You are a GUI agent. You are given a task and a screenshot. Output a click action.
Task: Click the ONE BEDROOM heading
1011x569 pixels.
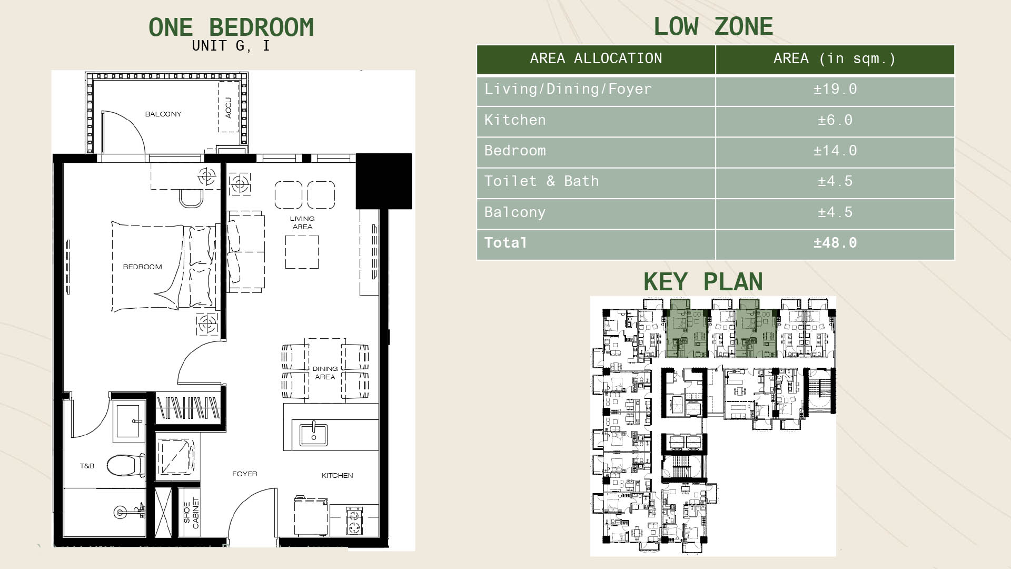(x=231, y=27)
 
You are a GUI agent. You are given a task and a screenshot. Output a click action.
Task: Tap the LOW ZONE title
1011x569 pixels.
(x=713, y=26)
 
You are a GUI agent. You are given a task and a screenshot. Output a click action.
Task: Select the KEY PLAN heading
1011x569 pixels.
(x=703, y=282)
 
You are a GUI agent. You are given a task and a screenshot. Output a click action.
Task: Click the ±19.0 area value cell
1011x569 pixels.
(x=835, y=89)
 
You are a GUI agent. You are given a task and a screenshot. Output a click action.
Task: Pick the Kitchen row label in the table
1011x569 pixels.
(x=515, y=120)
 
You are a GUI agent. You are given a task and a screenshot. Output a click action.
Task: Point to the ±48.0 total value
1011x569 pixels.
(x=835, y=243)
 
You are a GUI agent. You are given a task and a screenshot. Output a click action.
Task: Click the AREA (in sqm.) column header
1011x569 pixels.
(x=835, y=58)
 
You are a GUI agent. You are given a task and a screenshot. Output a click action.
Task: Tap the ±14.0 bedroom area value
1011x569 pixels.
(x=835, y=151)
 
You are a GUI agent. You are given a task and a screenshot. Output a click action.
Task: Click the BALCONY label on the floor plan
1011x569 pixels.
(x=163, y=114)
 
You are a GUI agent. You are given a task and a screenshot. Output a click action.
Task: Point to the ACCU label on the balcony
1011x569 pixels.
(x=229, y=107)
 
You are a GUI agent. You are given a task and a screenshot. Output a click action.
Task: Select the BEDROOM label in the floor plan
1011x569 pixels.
(x=142, y=267)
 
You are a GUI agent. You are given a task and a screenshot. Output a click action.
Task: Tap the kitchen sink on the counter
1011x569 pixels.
(x=313, y=434)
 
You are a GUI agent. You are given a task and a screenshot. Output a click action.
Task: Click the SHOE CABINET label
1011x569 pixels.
(x=191, y=513)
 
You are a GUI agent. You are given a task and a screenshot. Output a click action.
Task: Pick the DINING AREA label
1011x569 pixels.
(x=325, y=372)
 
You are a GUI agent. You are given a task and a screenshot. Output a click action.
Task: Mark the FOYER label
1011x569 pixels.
(x=245, y=474)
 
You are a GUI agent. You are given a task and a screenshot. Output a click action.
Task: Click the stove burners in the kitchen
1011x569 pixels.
(x=354, y=521)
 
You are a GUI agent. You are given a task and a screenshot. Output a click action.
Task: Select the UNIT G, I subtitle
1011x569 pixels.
(x=231, y=46)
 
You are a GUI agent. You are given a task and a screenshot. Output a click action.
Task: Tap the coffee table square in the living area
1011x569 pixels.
(x=302, y=252)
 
